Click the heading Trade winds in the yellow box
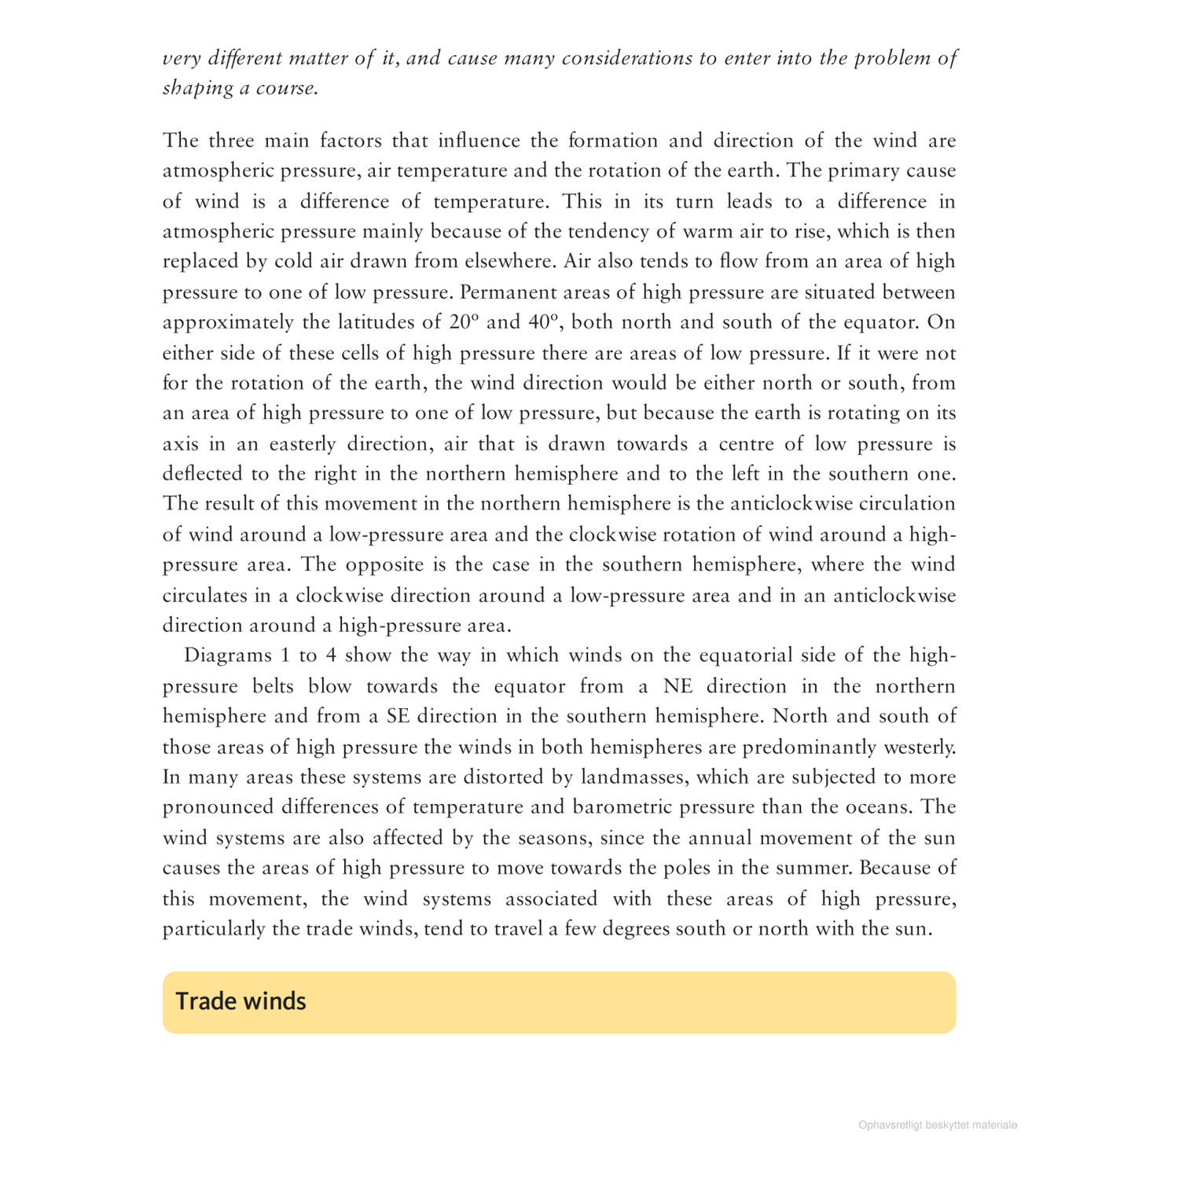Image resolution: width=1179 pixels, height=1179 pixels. point(241,1001)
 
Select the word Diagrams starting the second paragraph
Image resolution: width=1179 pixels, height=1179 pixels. point(226,656)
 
